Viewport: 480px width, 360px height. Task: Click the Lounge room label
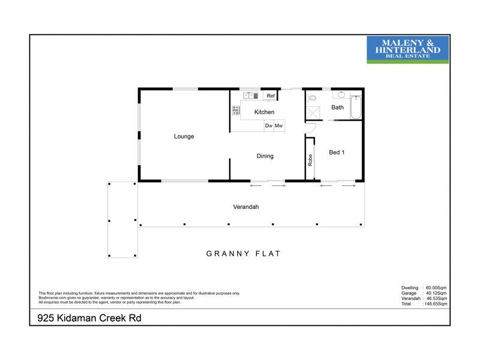[184, 136]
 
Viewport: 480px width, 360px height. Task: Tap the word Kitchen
[264, 112]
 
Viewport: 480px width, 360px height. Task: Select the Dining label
[265, 156]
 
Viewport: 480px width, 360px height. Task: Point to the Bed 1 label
[337, 152]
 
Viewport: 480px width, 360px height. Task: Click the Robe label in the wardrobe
[310, 160]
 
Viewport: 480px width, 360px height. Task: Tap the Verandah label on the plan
[245, 207]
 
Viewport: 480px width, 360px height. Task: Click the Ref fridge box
[271, 96]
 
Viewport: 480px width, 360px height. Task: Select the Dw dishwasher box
[269, 126]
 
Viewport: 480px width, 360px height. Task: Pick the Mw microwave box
[279, 126]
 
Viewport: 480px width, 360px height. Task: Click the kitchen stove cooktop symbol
[236, 110]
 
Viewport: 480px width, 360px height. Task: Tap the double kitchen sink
[250, 95]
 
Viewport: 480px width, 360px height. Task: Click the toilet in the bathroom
[311, 98]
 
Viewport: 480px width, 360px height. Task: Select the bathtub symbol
[355, 107]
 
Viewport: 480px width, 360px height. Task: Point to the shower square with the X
[313, 112]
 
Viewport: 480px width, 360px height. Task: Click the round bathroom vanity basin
[340, 95]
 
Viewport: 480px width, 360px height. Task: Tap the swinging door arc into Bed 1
[310, 127]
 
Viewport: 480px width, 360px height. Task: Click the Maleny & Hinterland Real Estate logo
[407, 49]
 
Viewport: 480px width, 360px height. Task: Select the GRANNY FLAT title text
[244, 254]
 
